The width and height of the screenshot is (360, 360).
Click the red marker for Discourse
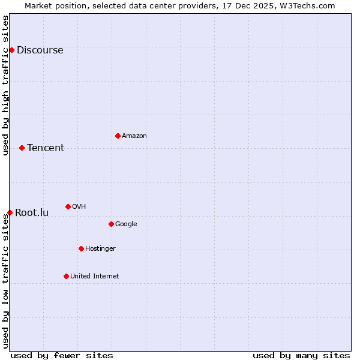coord(11,50)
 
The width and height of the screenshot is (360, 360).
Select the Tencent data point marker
coord(22,148)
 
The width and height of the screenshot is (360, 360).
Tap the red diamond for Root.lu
coord(10,212)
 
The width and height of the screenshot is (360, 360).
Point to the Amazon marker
coord(118,136)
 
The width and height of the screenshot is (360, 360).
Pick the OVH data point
coord(68,206)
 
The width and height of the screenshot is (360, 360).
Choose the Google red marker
coord(111,224)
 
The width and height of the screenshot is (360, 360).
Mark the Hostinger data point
coord(81,248)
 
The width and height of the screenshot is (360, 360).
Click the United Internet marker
coord(66,276)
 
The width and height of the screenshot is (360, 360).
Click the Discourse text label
coord(40,50)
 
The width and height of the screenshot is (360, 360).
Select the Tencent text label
coord(46,148)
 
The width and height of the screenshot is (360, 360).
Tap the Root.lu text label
coord(32,213)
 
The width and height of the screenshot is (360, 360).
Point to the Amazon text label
coord(134,136)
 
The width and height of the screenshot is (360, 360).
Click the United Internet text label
coord(95,277)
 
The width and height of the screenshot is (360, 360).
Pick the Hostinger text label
coord(100,249)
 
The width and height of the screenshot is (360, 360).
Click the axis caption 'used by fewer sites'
coord(62,355)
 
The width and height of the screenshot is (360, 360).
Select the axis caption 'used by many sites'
coord(301,355)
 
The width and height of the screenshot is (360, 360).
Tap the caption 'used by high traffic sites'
coord(5,85)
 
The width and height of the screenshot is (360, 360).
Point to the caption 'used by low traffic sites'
coord(5,281)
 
